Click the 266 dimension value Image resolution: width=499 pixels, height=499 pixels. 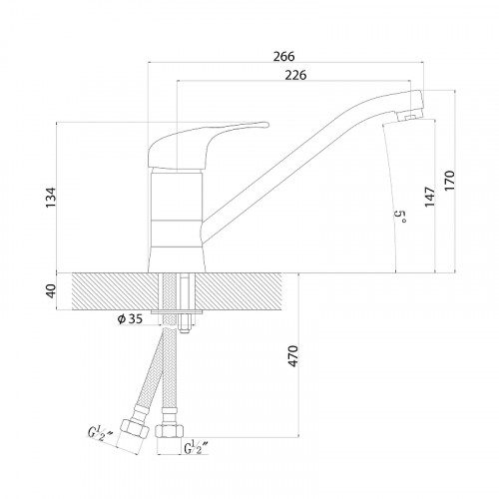click(283, 56)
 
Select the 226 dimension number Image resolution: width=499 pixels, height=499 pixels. click(295, 75)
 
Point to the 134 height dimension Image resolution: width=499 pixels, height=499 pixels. click(51, 198)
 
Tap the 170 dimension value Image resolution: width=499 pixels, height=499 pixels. click(449, 181)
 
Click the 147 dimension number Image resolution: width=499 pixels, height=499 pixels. click(429, 197)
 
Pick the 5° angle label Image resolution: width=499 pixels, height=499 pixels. click(400, 217)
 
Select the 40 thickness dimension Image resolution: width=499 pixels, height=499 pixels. click(51, 291)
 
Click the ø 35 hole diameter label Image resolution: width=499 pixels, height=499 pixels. click(130, 319)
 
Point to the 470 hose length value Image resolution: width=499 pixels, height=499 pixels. click(293, 356)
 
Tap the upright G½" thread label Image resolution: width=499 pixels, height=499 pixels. click(196, 447)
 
